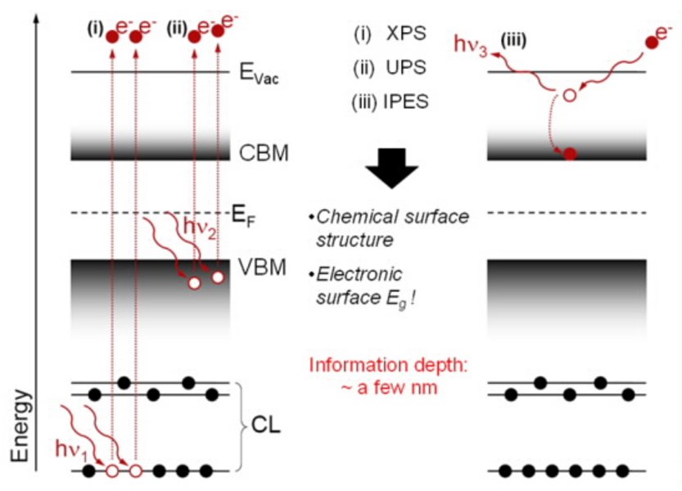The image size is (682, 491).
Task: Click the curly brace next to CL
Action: (242, 426)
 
